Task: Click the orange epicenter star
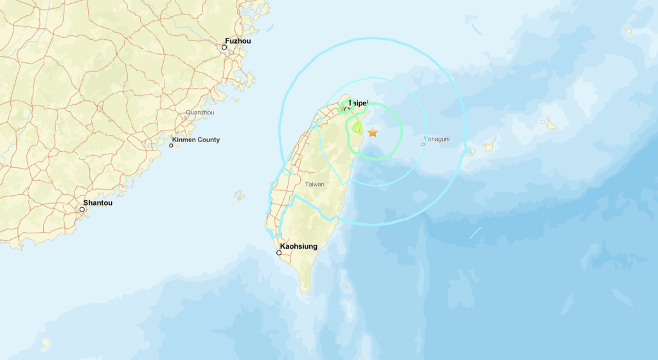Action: (372, 132)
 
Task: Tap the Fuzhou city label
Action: (238, 40)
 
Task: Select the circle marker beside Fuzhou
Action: (225, 47)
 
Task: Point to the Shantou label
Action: (98, 203)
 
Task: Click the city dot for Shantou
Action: (82, 209)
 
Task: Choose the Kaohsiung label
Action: (299, 246)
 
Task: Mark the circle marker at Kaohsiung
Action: (279, 253)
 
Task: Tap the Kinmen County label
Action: (196, 139)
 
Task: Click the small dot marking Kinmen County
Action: (171, 145)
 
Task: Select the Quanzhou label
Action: (200, 113)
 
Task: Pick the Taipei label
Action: (358, 103)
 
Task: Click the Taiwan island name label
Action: (315, 184)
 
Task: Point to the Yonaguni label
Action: (439, 138)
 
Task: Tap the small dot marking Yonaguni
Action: (423, 144)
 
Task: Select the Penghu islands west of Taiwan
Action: (240, 195)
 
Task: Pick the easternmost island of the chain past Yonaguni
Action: (549, 123)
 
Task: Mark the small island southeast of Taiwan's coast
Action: (346, 285)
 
